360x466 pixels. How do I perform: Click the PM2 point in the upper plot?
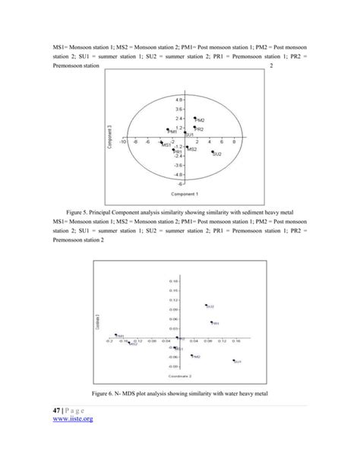coord(194,119)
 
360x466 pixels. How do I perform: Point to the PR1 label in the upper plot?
coord(179,152)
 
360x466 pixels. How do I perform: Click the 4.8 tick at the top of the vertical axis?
coord(179,100)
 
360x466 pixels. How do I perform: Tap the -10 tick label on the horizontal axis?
coord(123,141)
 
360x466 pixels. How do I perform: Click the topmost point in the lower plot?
coord(205,306)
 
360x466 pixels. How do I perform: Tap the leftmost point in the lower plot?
coord(115,334)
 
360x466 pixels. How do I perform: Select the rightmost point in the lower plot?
coord(233,360)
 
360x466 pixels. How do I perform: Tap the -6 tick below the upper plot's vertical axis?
coord(181,183)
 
